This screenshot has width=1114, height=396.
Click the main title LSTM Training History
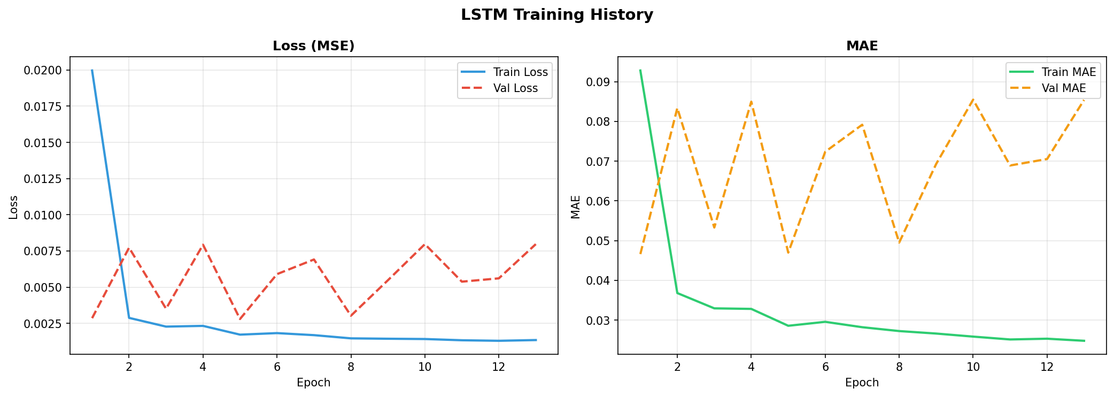(556, 15)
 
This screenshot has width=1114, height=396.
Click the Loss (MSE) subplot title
(313, 46)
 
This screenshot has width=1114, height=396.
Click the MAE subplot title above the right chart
(862, 46)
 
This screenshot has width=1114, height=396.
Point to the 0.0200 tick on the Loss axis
(47, 70)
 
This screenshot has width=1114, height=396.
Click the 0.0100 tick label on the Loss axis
(47, 215)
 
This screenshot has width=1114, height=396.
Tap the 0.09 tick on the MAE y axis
(599, 82)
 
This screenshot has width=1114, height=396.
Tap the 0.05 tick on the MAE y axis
(599, 241)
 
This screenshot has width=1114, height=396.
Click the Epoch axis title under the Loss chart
(313, 383)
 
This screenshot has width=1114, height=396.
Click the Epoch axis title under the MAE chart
(862, 383)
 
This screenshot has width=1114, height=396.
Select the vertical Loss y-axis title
(14, 207)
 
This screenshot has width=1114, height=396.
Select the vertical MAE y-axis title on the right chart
(575, 207)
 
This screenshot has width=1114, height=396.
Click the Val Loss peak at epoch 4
(203, 245)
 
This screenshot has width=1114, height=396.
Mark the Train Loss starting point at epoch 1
(92, 70)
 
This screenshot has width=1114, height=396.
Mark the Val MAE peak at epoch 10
(973, 100)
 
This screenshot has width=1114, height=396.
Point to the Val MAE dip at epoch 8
(899, 242)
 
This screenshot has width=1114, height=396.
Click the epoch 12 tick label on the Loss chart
(498, 367)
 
